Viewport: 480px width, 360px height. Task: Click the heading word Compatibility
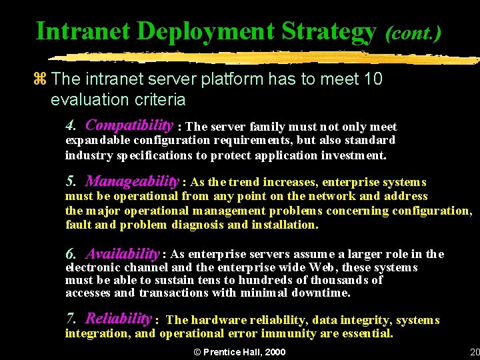[129, 125]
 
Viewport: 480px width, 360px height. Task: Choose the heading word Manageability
[133, 181]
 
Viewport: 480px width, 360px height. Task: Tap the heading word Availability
[123, 253]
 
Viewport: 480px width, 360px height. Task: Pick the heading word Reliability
[119, 319]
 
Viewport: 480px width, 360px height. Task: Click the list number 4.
[71, 126]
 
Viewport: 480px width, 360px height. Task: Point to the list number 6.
[71, 254]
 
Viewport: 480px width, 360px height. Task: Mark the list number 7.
[71, 319]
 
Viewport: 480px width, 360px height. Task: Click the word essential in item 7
[366, 333]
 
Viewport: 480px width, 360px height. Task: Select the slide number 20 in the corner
[474, 352]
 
